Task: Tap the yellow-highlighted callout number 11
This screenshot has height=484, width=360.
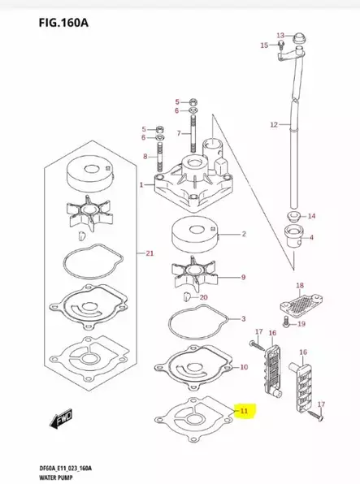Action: click(244, 411)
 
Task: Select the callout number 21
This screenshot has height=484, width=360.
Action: click(149, 254)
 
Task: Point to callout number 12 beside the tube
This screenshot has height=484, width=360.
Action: click(274, 124)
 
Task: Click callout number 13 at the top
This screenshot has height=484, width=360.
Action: click(280, 35)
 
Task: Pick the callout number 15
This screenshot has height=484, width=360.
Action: click(264, 45)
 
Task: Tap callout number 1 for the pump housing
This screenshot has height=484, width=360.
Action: click(141, 185)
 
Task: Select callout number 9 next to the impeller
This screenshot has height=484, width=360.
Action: click(243, 277)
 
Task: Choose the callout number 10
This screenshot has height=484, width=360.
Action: click(244, 368)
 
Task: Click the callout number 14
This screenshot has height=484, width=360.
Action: click(311, 216)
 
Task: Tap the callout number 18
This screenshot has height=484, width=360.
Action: click(299, 286)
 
